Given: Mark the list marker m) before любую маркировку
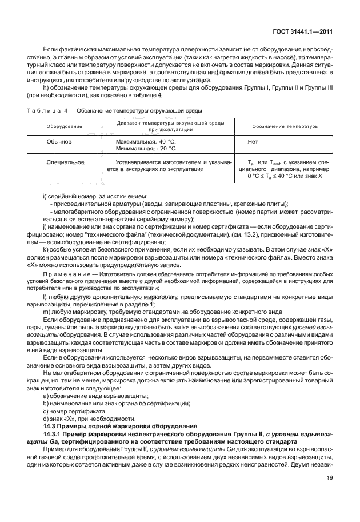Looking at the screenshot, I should click(47, 312).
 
